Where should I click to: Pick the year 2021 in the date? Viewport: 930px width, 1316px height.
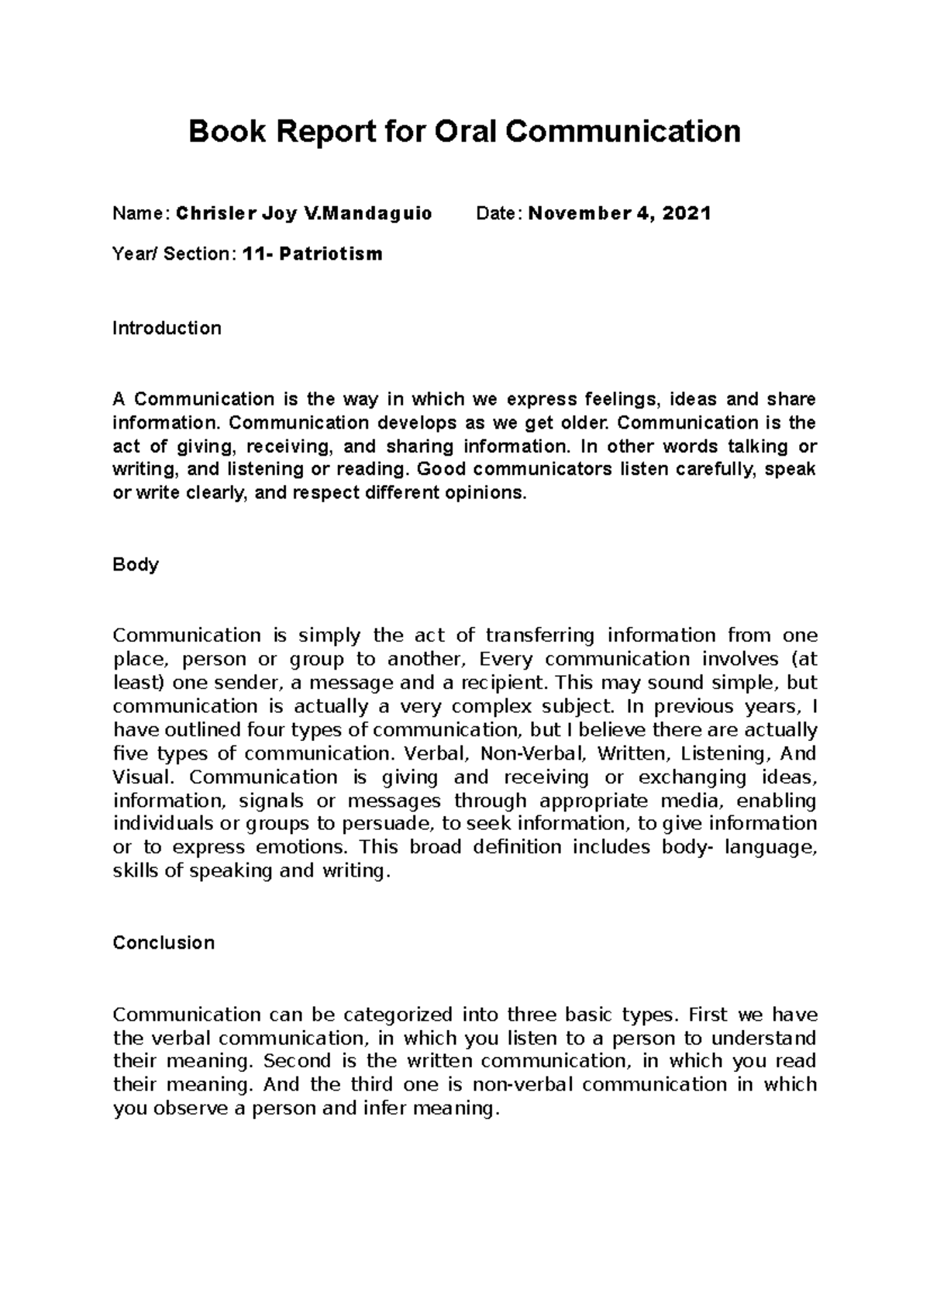685,213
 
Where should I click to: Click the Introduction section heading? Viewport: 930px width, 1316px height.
167,328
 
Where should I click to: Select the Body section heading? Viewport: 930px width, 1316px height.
136,564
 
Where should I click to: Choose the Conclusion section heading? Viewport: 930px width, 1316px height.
164,942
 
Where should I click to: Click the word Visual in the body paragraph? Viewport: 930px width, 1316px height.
143,777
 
